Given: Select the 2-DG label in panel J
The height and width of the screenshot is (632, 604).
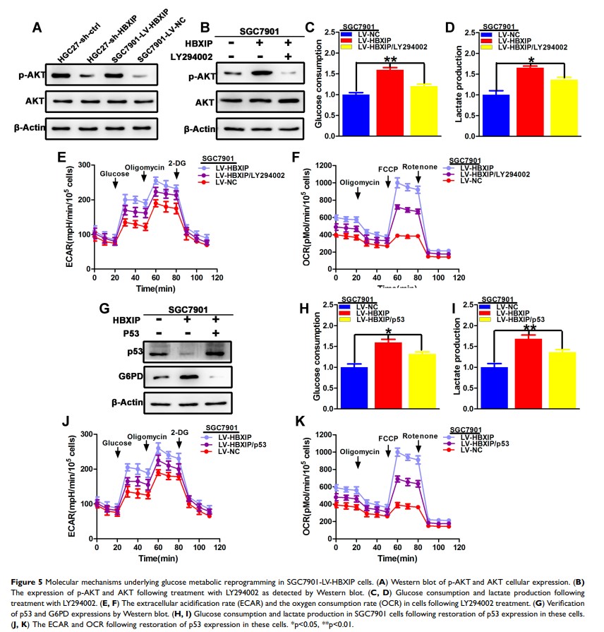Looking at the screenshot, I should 178,431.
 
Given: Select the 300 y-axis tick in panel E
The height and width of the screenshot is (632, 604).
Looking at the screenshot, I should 84,165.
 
